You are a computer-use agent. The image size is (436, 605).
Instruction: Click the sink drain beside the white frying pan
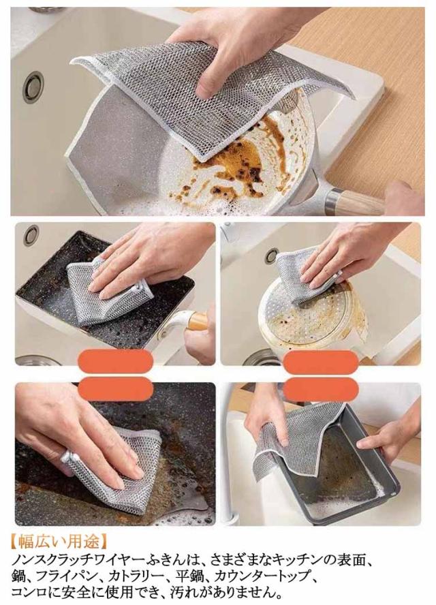tap(33, 87)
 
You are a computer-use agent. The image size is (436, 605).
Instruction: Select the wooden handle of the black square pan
tap(198, 320)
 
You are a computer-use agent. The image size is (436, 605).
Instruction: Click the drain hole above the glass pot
tap(272, 255)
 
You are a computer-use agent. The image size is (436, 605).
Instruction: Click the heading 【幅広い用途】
tap(58, 541)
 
